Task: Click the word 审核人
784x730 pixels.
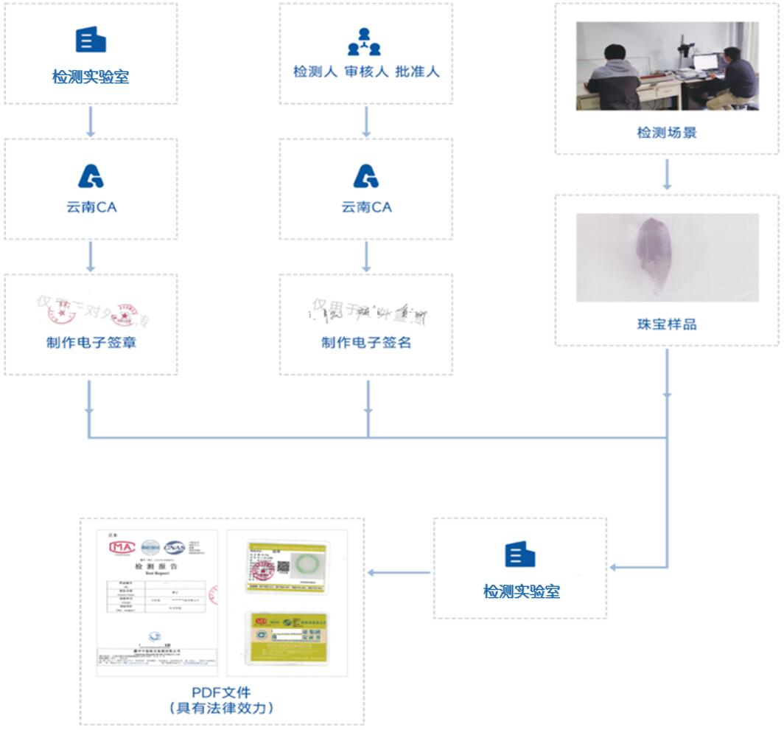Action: (366, 72)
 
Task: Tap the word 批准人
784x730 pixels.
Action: (417, 72)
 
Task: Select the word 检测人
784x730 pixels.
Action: (315, 72)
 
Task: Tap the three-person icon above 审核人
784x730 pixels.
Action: (365, 42)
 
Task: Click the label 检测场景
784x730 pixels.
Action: (666, 133)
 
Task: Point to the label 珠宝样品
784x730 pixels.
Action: (666, 324)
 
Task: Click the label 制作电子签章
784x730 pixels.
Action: (91, 343)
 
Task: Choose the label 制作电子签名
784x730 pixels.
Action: (365, 343)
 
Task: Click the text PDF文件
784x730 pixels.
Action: (221, 692)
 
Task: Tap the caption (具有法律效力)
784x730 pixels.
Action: (221, 709)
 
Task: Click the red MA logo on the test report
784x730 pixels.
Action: (122, 547)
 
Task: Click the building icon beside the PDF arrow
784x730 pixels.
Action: (519, 555)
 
